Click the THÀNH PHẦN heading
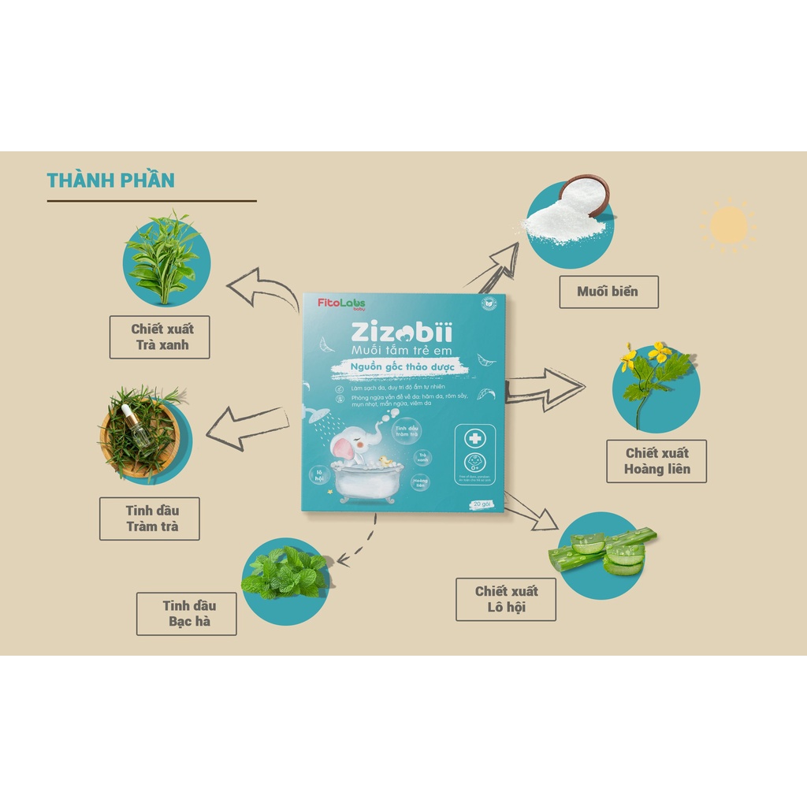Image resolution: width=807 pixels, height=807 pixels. tap(110, 180)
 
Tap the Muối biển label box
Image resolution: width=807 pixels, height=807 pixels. tap(608, 292)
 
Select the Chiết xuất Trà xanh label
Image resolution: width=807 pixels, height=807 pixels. tap(159, 337)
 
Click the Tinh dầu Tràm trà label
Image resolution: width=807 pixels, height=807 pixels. tap(149, 518)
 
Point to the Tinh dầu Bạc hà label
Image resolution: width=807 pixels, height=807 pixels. tap(186, 613)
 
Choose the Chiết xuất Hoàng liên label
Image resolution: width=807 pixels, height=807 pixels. tap(656, 461)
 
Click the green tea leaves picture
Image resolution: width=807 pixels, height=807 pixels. tap(165, 253)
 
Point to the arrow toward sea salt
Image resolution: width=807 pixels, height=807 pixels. tap(493, 265)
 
